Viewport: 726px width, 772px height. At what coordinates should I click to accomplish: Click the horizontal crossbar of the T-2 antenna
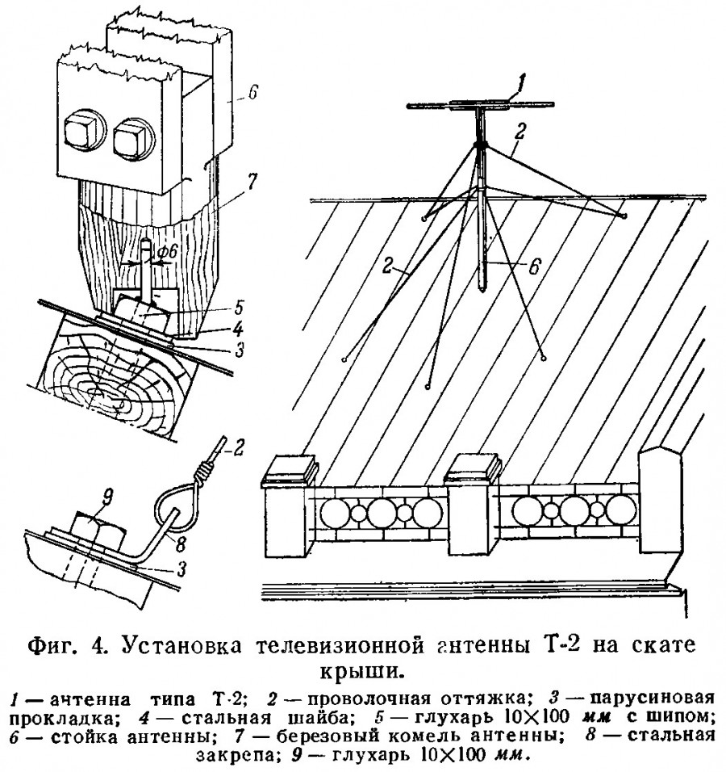coord(481,104)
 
